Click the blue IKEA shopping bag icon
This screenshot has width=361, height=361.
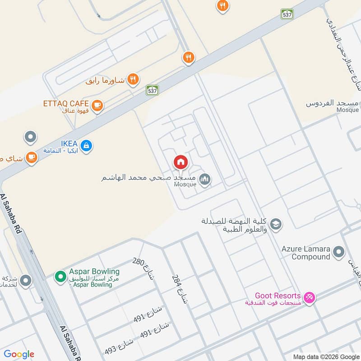87,145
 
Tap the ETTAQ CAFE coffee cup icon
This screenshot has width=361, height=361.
97,106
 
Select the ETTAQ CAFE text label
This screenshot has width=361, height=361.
66,103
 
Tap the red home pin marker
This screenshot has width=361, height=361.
180,162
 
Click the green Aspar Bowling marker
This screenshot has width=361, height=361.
60,276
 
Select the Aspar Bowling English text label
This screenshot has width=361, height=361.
94,272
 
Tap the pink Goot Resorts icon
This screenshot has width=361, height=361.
310,297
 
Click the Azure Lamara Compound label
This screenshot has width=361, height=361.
306,253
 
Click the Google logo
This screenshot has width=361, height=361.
19,354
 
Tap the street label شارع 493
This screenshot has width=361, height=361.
120,347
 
